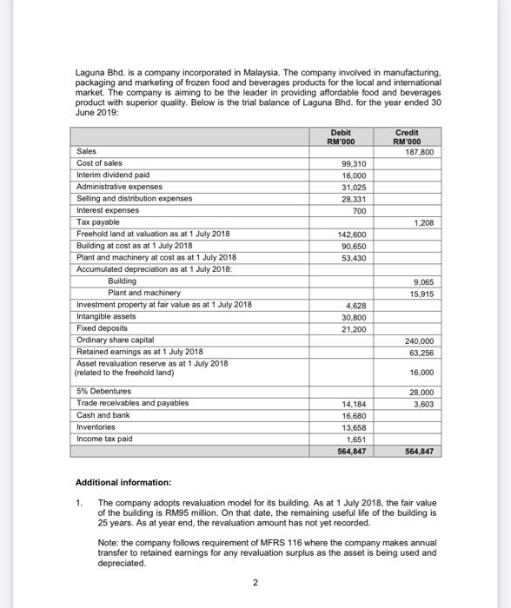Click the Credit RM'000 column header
pyautogui.click(x=406, y=137)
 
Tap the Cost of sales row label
pyautogui.click(x=100, y=163)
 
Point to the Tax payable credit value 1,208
pyautogui.click(x=423, y=222)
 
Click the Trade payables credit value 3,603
pyautogui.click(x=422, y=404)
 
